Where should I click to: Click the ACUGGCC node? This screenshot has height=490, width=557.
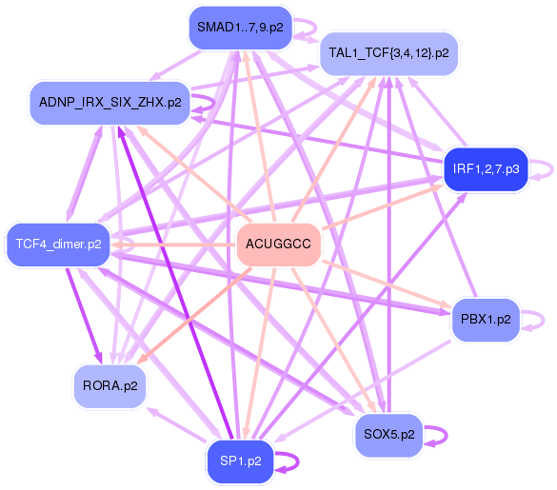[x=279, y=245]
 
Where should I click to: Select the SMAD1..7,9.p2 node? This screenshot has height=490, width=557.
[x=241, y=28]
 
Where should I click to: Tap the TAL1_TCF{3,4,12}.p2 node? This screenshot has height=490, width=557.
[x=389, y=53]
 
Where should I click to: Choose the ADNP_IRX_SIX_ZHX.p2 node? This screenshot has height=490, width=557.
[x=110, y=103]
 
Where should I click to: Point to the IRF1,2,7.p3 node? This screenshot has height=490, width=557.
[x=487, y=169]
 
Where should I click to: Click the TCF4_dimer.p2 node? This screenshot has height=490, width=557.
[x=59, y=245]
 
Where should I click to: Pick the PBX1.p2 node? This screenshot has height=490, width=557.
[x=486, y=320]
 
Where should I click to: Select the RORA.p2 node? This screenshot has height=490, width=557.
[x=110, y=386]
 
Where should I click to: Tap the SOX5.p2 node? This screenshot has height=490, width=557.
[x=389, y=435]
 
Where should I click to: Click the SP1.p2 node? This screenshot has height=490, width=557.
[x=241, y=461]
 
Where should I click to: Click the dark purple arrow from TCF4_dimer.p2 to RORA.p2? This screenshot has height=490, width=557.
[x=84, y=316]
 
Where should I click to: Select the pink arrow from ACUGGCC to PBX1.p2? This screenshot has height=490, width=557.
[x=387, y=284]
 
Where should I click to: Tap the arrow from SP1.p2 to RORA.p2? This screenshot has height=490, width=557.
[x=176, y=425]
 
